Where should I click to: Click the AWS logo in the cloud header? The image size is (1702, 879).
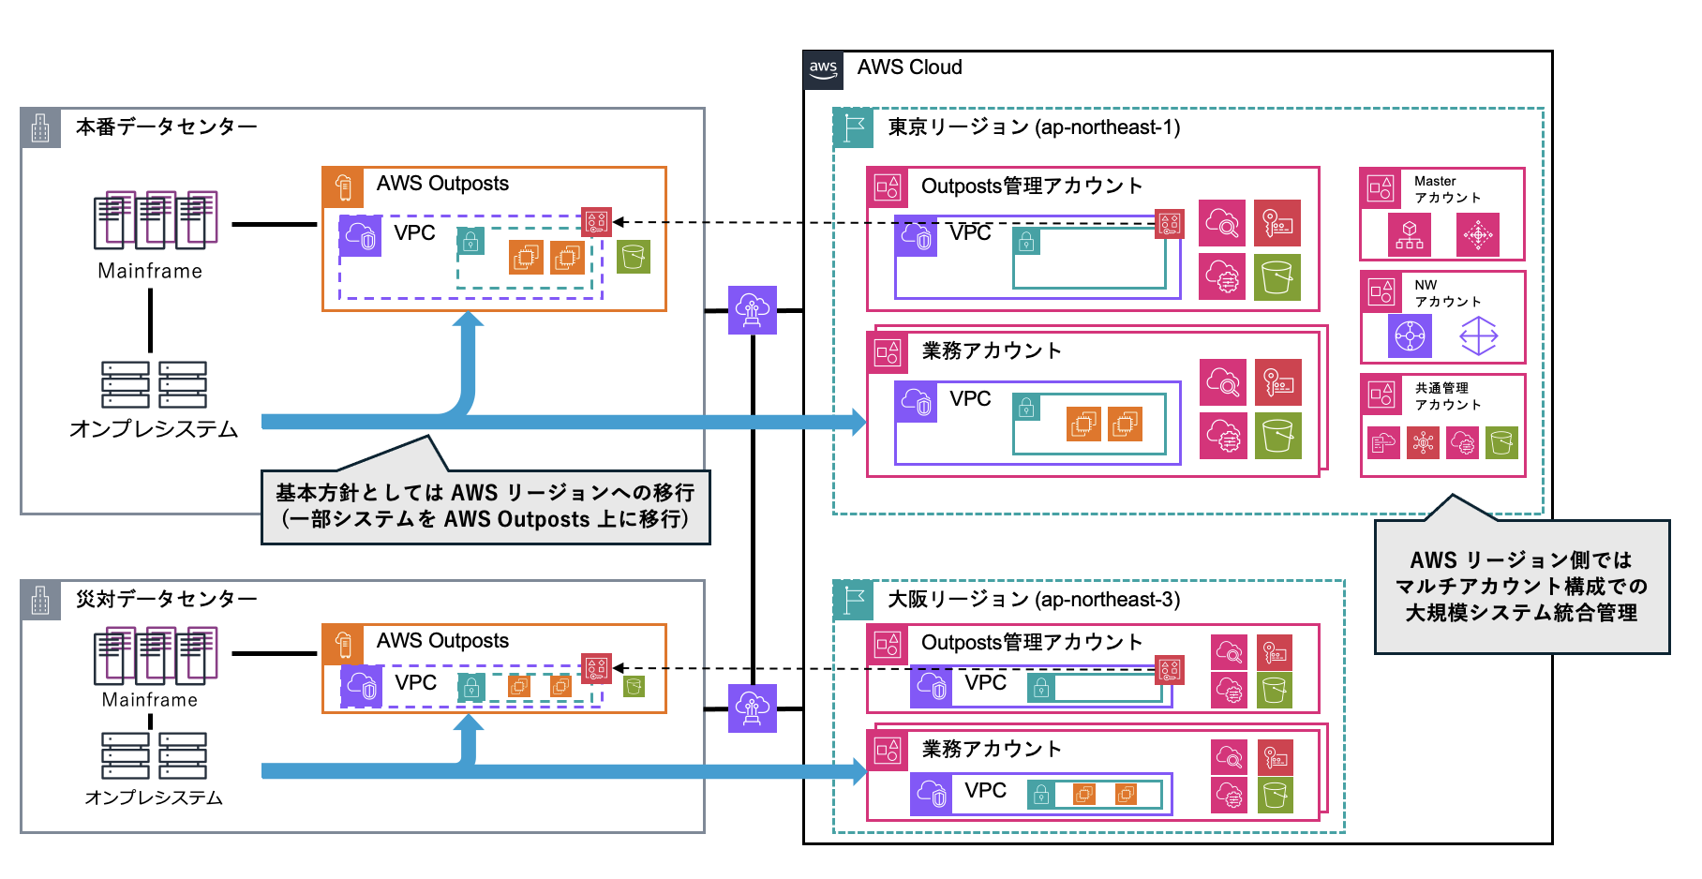point(823,69)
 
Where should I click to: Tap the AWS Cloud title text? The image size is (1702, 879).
point(909,67)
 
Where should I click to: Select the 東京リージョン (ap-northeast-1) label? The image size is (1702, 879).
point(1034,127)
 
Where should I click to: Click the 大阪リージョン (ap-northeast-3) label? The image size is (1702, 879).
point(1034,600)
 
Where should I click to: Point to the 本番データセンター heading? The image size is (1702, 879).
point(166,127)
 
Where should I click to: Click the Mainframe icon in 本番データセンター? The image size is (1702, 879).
point(156,219)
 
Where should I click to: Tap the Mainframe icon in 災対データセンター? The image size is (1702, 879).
point(156,655)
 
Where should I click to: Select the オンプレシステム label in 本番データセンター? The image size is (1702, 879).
point(154,429)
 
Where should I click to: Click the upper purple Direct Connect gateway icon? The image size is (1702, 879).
point(753,309)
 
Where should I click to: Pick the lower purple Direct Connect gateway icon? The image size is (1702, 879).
point(753,708)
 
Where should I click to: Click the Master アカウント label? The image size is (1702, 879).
point(1447,189)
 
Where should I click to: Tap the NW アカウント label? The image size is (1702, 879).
point(1447,293)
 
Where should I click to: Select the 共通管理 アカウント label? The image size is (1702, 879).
point(1447,396)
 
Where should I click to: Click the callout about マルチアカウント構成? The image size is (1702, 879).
point(1521,587)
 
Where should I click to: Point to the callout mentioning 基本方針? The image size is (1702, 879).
point(485,506)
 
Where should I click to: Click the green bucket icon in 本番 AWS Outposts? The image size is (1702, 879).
point(634,257)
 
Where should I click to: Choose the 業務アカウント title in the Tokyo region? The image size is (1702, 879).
point(992,351)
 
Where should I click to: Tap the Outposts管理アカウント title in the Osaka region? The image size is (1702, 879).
point(1032,643)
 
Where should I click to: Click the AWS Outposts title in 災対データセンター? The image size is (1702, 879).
point(442,641)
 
